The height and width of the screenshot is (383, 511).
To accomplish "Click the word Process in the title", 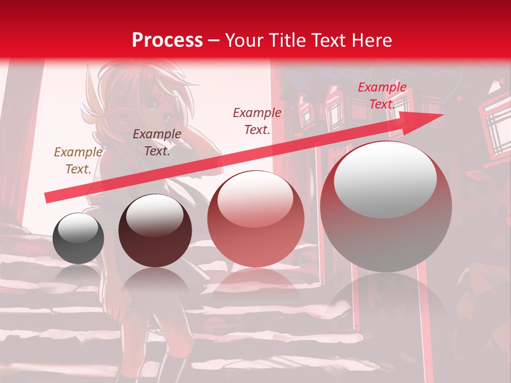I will pyautogui.click(x=167, y=40).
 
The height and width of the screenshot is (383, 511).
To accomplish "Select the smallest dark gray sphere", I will pyautogui.click(x=78, y=238).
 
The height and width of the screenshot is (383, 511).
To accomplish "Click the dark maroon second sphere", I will pyautogui.click(x=155, y=230).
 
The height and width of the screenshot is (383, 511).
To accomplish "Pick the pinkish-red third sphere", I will pyautogui.click(x=256, y=219).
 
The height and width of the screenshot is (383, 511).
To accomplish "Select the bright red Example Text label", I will pyautogui.click(x=382, y=96).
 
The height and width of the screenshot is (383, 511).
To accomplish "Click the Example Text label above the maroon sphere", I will pyautogui.click(x=157, y=142).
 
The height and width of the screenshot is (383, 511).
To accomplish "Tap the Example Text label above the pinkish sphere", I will pyautogui.click(x=257, y=121).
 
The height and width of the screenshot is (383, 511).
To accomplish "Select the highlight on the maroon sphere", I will pyautogui.click(x=154, y=215).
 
